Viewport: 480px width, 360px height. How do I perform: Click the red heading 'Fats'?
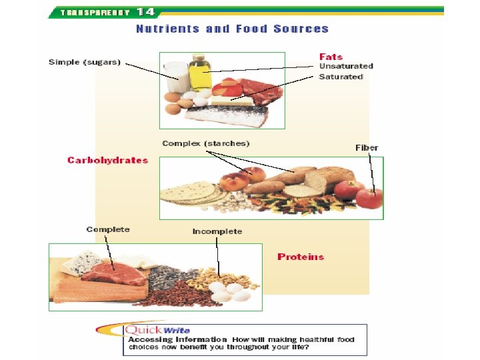coord(331,56)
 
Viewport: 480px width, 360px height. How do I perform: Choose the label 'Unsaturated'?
coord(346,66)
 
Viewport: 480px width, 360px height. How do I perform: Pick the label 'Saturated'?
coord(341,77)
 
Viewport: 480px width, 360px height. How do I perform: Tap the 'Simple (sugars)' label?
coord(85,62)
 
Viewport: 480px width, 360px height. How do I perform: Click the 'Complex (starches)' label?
coord(206,143)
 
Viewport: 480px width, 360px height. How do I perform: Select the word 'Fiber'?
coord(367,147)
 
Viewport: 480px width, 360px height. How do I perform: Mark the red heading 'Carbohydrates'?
coord(108,160)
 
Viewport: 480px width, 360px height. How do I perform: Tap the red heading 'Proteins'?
coord(301,257)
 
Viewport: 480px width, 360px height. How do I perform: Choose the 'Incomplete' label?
coord(217,231)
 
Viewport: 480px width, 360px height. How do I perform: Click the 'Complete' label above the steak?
coord(108,229)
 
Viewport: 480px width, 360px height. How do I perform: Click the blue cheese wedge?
coord(77,263)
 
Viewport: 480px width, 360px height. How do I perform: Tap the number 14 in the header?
coord(146,11)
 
